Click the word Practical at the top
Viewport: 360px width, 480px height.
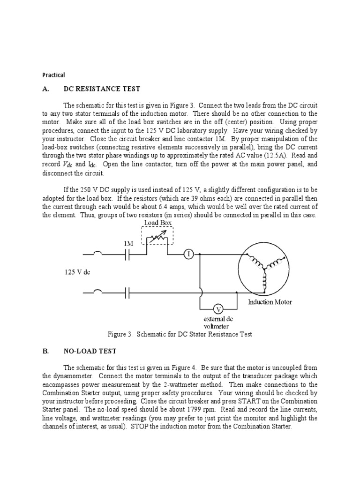53,75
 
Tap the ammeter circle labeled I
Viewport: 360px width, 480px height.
188,254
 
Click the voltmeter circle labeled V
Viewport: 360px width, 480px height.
218,309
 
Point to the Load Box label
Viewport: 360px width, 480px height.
157,223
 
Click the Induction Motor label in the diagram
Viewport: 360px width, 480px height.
270,302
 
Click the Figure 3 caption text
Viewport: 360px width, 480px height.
180,334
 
